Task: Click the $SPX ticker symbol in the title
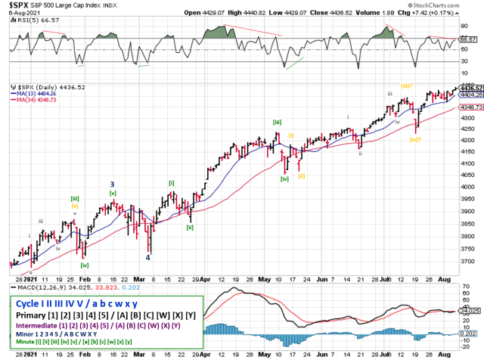coord(16,5)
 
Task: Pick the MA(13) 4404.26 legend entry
coord(35,95)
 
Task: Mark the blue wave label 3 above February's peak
coord(112,184)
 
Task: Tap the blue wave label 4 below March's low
coord(147,257)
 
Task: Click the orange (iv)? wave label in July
coord(415,139)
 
